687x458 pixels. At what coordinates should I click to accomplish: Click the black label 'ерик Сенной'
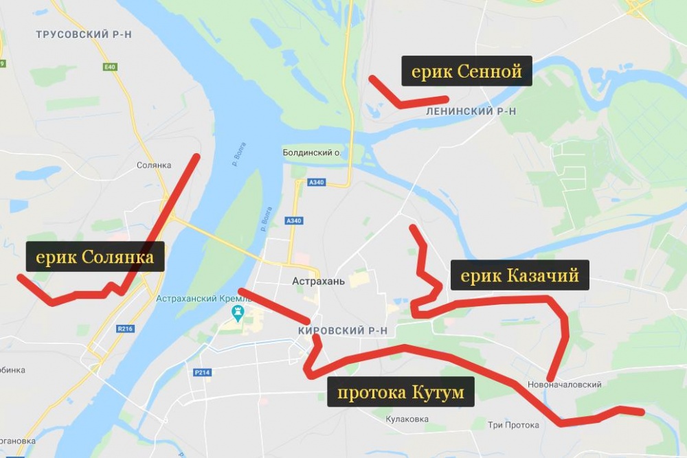(x=466, y=71)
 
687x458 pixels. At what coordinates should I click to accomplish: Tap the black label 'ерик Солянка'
(x=95, y=257)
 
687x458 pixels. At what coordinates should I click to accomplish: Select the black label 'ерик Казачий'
(x=519, y=275)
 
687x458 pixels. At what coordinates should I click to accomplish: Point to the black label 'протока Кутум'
(x=400, y=392)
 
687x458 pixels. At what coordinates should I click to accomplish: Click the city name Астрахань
(x=313, y=280)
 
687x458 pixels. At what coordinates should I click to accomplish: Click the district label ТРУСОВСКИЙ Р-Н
(x=84, y=34)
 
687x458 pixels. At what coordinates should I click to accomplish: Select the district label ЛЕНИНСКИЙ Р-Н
(x=471, y=111)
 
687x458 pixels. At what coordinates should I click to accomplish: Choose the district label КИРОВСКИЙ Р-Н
(x=343, y=331)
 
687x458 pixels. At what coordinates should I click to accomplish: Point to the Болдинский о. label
(x=313, y=152)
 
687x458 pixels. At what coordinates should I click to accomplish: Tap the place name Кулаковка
(x=407, y=418)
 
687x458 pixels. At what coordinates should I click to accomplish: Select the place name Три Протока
(x=513, y=425)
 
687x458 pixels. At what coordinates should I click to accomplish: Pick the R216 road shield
(x=125, y=329)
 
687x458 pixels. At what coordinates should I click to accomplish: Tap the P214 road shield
(x=201, y=373)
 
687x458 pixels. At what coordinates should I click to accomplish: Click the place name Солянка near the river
(x=153, y=165)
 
